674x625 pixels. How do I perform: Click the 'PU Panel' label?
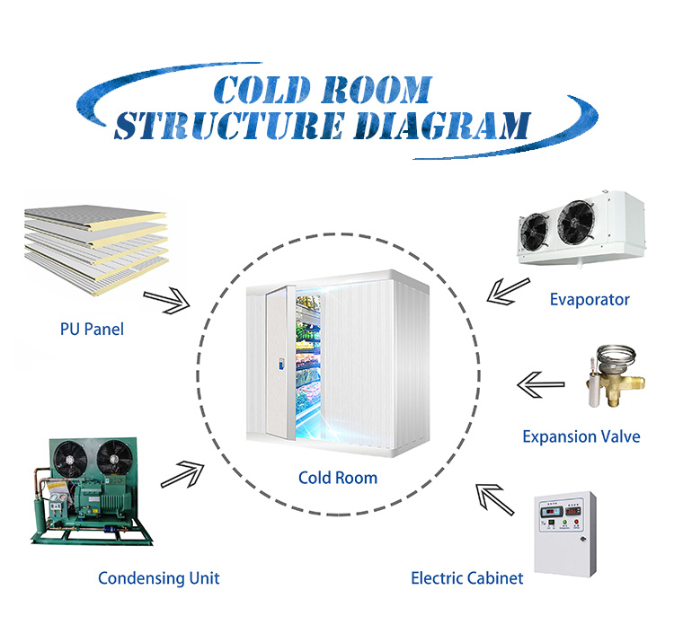[x=85, y=330]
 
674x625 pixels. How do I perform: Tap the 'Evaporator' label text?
[x=590, y=299]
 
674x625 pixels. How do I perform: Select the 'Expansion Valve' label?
[x=581, y=437]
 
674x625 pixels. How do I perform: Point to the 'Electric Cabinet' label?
[x=467, y=578]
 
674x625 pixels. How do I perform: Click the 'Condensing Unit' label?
[x=158, y=578]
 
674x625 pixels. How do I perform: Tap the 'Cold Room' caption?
[x=338, y=478]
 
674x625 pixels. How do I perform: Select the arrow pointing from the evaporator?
[x=507, y=289]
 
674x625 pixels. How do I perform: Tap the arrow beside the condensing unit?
[x=190, y=471]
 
